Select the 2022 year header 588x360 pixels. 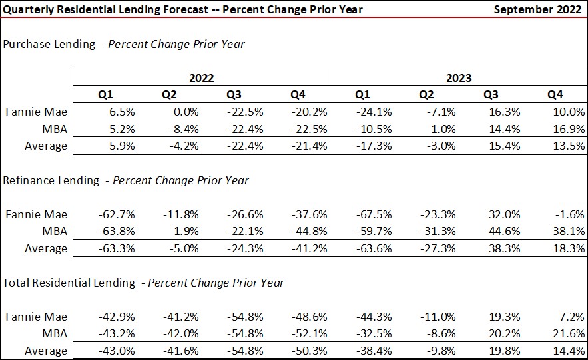pos(201,77)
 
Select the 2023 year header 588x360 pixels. pos(458,77)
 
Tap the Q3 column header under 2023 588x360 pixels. pos(491,94)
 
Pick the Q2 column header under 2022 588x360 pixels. pos(169,94)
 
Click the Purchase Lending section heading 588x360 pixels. pos(124,44)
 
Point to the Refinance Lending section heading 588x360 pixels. pos(126,180)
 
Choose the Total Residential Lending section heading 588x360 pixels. pos(143,283)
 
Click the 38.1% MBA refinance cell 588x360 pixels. pos(570,231)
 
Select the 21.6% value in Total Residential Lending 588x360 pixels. pos(570,333)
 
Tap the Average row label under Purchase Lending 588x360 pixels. pos(45,146)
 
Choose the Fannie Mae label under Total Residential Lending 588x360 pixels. pos(37,317)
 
